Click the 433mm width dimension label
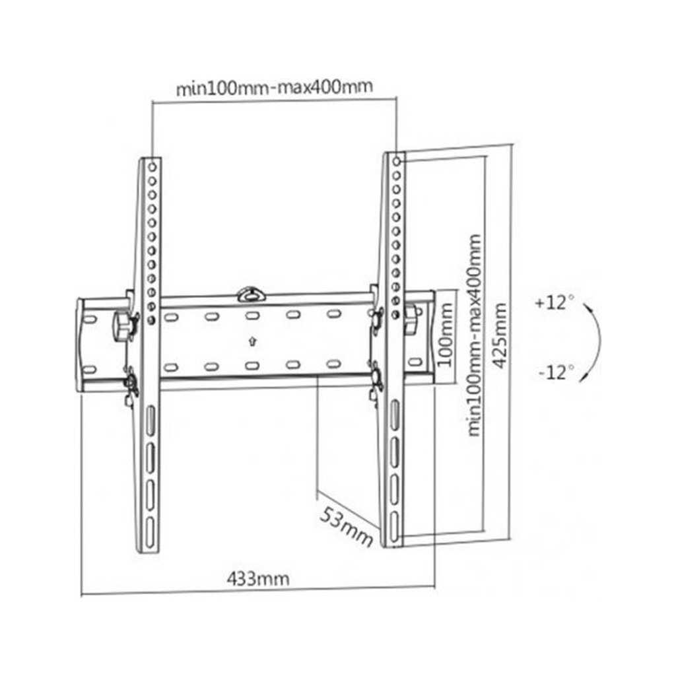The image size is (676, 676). click(258, 579)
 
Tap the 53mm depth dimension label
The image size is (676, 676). click(347, 525)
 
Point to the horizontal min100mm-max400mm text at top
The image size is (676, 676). click(274, 88)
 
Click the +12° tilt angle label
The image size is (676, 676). click(554, 303)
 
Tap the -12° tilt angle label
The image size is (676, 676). click(555, 372)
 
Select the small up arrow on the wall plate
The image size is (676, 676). click(252, 341)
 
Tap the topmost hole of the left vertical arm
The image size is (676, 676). click(152, 165)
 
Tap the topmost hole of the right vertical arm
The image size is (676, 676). click(395, 160)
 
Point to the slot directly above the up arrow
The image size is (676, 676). click(252, 316)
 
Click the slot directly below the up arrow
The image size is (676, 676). click(252, 365)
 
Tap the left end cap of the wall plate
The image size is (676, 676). click(81, 345)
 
